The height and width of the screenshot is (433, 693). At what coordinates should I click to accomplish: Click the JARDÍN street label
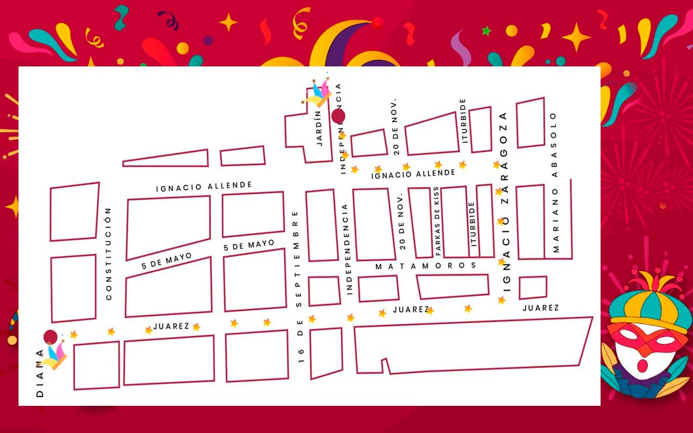coord(319,129)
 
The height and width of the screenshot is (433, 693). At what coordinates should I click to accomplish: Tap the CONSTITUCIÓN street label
coord(108,254)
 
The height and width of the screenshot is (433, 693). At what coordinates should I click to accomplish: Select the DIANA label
coord(40,373)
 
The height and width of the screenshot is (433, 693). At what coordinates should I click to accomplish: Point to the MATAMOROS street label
coord(426,266)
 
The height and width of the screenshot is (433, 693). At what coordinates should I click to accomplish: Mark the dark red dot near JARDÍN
coord(338,116)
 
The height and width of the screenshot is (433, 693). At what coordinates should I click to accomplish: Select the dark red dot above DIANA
coord(51,337)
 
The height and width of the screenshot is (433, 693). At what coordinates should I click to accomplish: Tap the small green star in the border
coord(487,31)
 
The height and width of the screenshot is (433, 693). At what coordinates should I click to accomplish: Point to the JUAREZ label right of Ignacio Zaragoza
coord(541,308)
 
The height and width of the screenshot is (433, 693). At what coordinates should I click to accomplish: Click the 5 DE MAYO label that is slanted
coord(166,261)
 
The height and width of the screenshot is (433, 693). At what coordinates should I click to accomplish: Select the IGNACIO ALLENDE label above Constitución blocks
coord(204,186)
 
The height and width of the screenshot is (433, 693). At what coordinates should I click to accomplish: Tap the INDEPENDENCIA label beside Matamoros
coord(346,249)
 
